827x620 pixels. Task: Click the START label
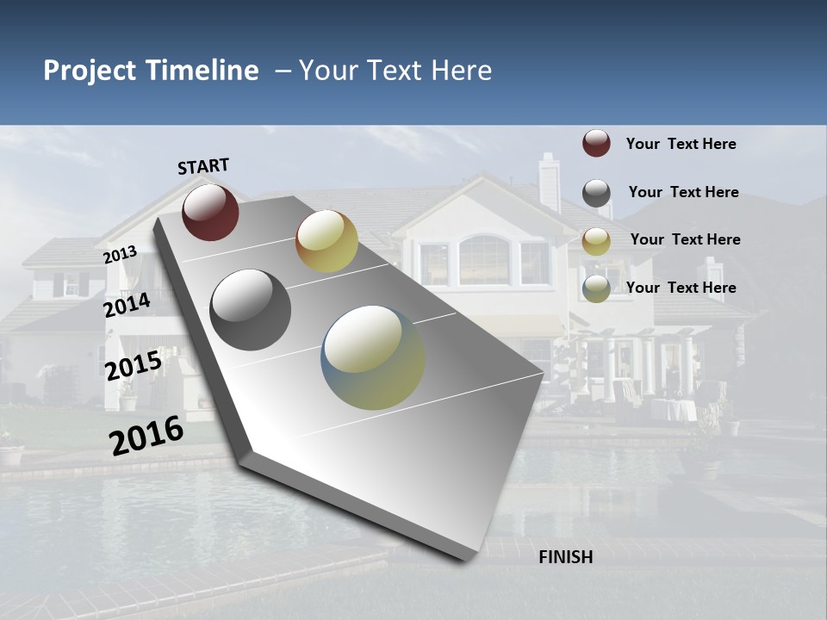click(x=203, y=166)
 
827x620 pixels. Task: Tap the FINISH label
click(x=565, y=557)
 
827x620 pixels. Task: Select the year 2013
click(x=120, y=255)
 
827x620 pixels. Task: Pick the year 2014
click(x=127, y=306)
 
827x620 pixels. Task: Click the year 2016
click(x=146, y=436)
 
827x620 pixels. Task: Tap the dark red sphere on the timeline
click(x=210, y=212)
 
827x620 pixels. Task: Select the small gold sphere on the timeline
click(x=326, y=241)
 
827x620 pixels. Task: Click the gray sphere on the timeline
click(x=250, y=310)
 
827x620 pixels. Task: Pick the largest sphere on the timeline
click(x=373, y=357)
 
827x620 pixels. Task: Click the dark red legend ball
click(x=596, y=143)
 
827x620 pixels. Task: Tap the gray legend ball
click(x=596, y=192)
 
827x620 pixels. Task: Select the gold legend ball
click(x=596, y=241)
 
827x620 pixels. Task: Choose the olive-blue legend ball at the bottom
click(x=596, y=288)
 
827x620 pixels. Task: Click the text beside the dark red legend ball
click(x=681, y=144)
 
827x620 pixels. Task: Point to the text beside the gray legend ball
click(x=683, y=192)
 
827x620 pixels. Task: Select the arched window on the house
click(x=483, y=259)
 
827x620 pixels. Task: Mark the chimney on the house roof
click(x=549, y=181)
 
